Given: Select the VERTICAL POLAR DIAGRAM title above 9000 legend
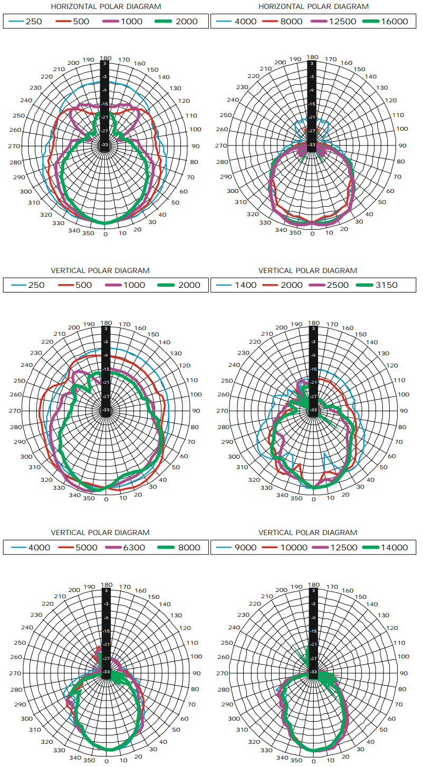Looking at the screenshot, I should [x=307, y=532].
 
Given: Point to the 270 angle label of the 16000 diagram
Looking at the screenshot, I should [x=222, y=145].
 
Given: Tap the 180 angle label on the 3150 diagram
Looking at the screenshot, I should [x=313, y=323].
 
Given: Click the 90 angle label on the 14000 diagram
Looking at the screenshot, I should [x=403, y=673].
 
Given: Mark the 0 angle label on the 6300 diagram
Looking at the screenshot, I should [x=107, y=761].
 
